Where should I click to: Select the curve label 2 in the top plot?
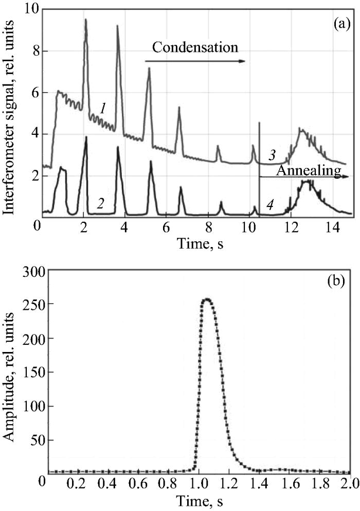pyautogui.click(x=101, y=203)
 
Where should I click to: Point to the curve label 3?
pyautogui.click(x=272, y=155)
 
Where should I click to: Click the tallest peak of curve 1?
pyautogui.click(x=86, y=20)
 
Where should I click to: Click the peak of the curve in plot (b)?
pyautogui.click(x=207, y=299)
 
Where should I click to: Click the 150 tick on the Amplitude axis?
pyautogui.click(x=32, y=372)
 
